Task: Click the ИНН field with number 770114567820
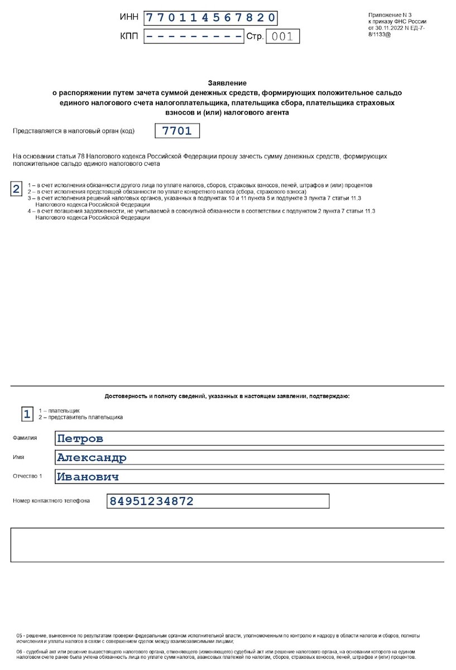[210, 17]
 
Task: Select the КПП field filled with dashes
[194, 37]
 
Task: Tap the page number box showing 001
[282, 37]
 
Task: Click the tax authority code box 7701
[176, 131]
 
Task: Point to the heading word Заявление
[227, 83]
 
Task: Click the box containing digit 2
[17, 188]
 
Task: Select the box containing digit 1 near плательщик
[26, 414]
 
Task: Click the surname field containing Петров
[249, 438]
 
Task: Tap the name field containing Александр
[249, 458]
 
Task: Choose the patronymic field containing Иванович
[249, 477]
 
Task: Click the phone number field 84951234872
[218, 501]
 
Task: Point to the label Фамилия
[25, 438]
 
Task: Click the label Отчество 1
[27, 476]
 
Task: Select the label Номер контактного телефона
[51, 501]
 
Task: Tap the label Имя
[18, 457]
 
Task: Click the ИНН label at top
[128, 18]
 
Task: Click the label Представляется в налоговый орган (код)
[73, 131]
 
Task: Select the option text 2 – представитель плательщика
[80, 417]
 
